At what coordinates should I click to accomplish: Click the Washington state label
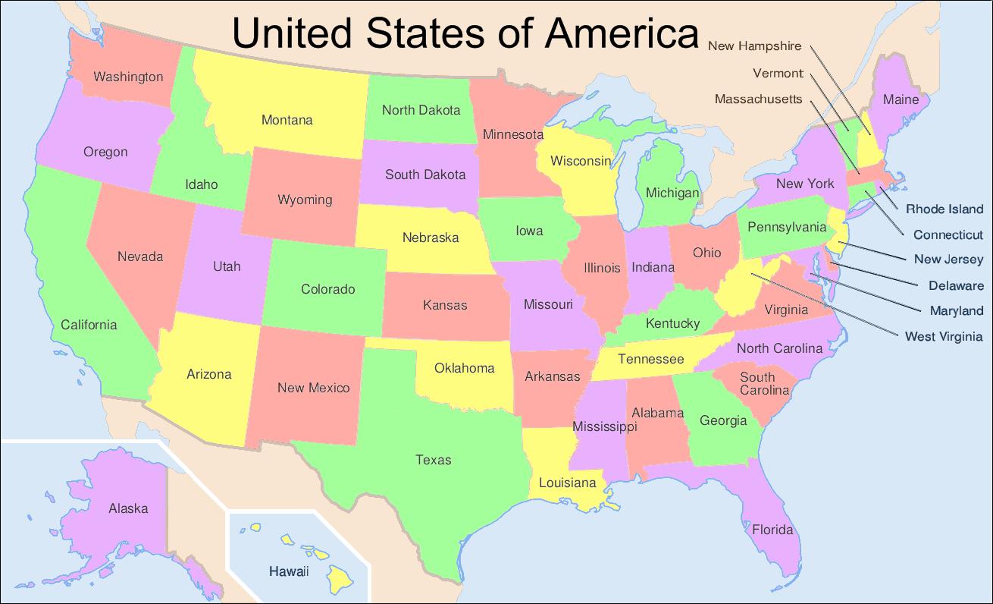point(128,77)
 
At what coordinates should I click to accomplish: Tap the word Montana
point(287,120)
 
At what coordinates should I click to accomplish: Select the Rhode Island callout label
point(944,209)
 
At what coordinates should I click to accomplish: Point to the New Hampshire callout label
point(754,46)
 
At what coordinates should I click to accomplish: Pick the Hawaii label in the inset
point(289,571)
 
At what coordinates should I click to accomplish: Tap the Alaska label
point(128,508)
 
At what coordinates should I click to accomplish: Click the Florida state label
point(772,530)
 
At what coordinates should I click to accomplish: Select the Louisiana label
point(568,483)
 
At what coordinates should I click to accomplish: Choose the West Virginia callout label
point(944,336)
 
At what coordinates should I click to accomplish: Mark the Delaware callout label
point(956,286)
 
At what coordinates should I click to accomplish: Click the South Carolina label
point(764,384)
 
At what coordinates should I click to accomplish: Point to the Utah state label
point(227,266)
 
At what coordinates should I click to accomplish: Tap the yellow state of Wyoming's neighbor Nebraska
point(430,238)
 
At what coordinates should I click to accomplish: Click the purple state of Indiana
point(653,267)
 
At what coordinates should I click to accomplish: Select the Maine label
point(901,99)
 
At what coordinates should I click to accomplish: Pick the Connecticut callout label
point(948,235)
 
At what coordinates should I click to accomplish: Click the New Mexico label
point(313,388)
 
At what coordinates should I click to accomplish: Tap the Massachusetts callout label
point(758,99)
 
